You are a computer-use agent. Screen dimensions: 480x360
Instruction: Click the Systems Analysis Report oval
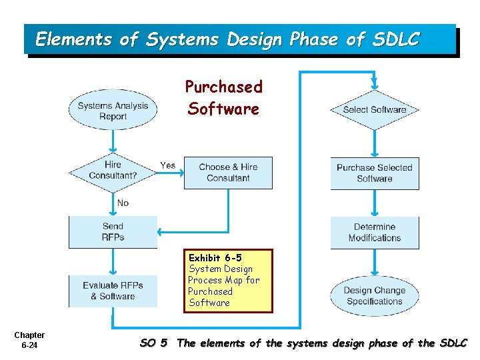[x=113, y=111]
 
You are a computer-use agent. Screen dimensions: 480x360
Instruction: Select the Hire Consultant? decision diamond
[x=113, y=171]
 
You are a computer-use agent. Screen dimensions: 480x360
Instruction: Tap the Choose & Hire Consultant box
[x=228, y=172]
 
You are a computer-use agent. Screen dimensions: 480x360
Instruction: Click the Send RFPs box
[x=113, y=232]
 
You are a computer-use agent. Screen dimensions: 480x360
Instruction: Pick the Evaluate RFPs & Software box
[x=113, y=291]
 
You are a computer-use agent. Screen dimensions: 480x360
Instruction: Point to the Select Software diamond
[x=375, y=110]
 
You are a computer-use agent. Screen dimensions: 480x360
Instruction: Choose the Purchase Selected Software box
[x=375, y=173]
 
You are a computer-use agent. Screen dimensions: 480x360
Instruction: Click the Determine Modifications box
[x=375, y=232]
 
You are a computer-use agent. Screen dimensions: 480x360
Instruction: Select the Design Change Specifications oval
[x=375, y=296]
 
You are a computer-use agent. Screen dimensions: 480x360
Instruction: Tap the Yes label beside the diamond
[x=168, y=165]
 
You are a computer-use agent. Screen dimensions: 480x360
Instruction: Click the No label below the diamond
[x=123, y=203]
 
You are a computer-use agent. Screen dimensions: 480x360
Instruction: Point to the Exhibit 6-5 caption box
[x=229, y=281]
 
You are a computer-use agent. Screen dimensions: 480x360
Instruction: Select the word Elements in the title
[x=73, y=40]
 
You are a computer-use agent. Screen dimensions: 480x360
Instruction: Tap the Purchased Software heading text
[x=223, y=97]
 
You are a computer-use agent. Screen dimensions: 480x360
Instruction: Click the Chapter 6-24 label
[x=29, y=340]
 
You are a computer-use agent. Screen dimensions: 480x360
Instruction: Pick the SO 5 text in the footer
[x=153, y=343]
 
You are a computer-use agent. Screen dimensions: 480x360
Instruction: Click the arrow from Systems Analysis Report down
[x=113, y=141]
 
